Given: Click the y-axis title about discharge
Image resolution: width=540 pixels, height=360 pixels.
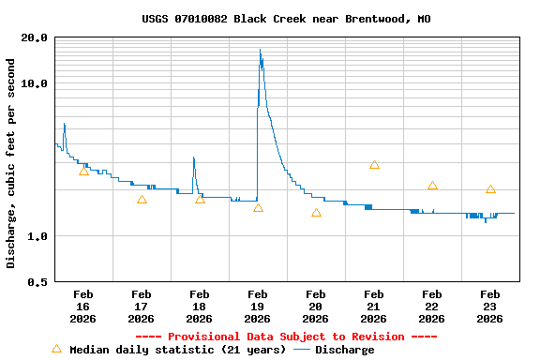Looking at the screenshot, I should (x=11, y=163).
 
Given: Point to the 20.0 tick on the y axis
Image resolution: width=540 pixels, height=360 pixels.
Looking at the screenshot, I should (x=35, y=37).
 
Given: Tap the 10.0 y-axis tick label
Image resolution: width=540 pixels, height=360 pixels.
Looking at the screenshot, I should (x=35, y=83).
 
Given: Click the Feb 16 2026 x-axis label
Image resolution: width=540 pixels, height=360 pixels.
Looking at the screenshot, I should (x=83, y=307).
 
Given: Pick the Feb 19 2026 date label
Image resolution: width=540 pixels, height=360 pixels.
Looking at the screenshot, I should (x=258, y=307).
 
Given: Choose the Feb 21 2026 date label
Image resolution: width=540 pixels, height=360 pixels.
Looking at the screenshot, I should (x=374, y=307).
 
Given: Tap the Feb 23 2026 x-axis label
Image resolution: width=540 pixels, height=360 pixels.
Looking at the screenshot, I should (x=490, y=307).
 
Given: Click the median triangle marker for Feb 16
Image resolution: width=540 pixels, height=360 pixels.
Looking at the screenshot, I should (x=83, y=171).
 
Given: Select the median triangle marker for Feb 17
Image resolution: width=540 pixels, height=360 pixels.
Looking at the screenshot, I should (x=142, y=200).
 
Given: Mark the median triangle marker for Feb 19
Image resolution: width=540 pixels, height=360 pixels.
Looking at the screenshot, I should (x=258, y=207).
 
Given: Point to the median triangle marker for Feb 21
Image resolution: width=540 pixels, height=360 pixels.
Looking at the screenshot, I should (x=374, y=164).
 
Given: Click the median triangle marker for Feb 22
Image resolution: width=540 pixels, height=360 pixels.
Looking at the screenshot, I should (x=432, y=186).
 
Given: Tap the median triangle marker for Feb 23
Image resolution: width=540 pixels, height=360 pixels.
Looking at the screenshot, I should (x=490, y=189).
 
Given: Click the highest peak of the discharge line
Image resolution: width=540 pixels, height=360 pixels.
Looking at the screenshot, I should (x=260, y=50).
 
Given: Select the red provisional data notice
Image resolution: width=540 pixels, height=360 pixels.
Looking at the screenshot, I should (x=287, y=337).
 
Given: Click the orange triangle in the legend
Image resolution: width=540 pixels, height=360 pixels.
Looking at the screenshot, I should (x=56, y=349).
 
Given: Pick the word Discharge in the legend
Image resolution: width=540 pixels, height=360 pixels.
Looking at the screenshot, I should (x=344, y=350).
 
